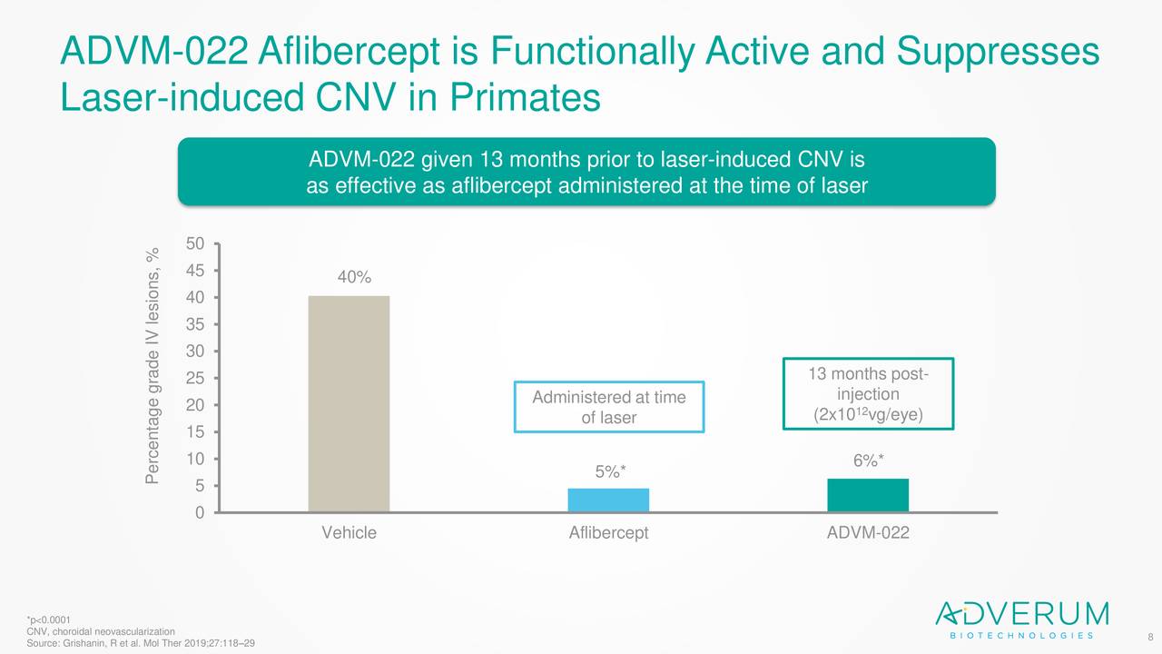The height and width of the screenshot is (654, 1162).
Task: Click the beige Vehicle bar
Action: [349, 403]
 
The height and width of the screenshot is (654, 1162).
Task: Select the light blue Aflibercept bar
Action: [608, 500]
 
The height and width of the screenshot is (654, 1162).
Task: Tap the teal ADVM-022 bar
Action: [868, 495]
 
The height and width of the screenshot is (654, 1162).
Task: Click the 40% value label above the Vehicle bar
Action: [354, 278]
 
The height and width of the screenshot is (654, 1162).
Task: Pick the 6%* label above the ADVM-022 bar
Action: [869, 461]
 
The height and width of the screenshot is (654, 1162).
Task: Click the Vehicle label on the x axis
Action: [349, 533]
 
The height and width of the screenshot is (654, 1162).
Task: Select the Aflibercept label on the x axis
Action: [608, 533]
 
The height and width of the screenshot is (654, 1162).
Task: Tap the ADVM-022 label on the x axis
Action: [868, 533]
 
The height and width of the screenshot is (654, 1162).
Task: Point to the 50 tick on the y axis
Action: [194, 244]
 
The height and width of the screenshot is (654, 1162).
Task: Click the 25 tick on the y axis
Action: [194, 379]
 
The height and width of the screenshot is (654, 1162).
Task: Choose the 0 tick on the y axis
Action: [199, 513]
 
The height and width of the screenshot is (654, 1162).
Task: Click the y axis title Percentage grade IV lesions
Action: [155, 365]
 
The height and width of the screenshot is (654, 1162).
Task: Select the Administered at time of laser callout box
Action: [608, 407]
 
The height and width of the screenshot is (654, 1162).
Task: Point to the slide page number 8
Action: [1150, 638]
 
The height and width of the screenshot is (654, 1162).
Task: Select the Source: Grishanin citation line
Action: [141, 643]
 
